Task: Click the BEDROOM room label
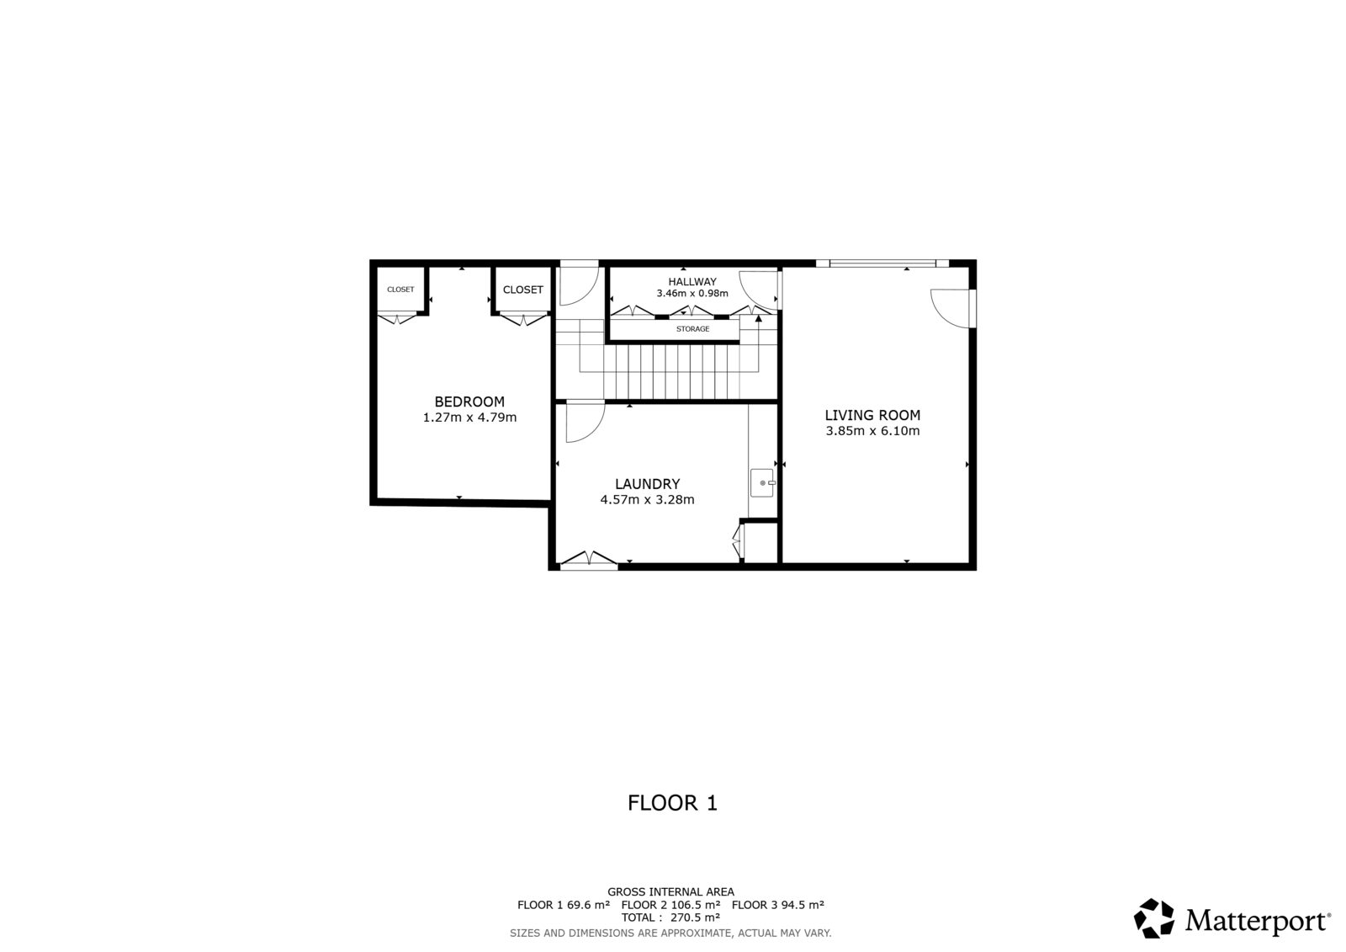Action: coord(469,402)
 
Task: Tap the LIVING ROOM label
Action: coord(872,415)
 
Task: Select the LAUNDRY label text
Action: coord(647,484)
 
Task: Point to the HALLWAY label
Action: coord(692,281)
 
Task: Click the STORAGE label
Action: coord(693,329)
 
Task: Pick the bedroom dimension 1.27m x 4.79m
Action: coord(469,417)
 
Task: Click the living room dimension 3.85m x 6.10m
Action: coord(872,431)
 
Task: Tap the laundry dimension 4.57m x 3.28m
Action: coord(647,500)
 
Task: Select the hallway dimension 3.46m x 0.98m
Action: coord(692,294)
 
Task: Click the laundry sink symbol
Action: coord(762,483)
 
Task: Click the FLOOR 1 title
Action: coord(672,803)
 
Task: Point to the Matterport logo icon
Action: coord(1153,918)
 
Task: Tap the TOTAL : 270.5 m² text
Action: coord(670,917)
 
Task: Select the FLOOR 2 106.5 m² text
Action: coord(670,905)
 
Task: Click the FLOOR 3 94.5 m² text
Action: coord(777,905)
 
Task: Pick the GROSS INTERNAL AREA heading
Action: coord(670,892)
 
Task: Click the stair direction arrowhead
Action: coord(758,319)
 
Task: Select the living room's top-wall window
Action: coord(882,263)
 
